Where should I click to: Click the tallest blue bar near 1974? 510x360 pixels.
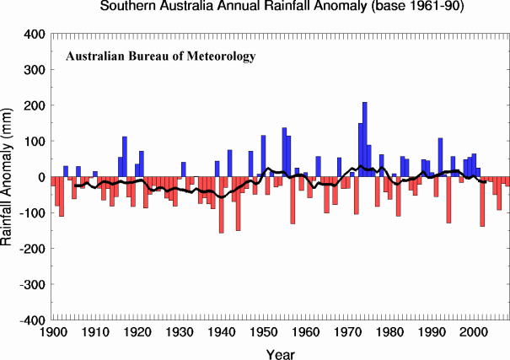point(365,139)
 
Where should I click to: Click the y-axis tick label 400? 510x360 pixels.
point(33,35)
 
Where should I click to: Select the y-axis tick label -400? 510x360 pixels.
point(31,321)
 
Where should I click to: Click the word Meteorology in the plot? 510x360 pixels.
point(219,57)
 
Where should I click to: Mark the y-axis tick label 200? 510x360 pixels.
point(33,106)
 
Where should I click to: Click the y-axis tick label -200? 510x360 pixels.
point(31,250)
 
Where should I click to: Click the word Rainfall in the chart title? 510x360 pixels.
point(271,7)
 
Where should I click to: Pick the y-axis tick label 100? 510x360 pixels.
point(33,142)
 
